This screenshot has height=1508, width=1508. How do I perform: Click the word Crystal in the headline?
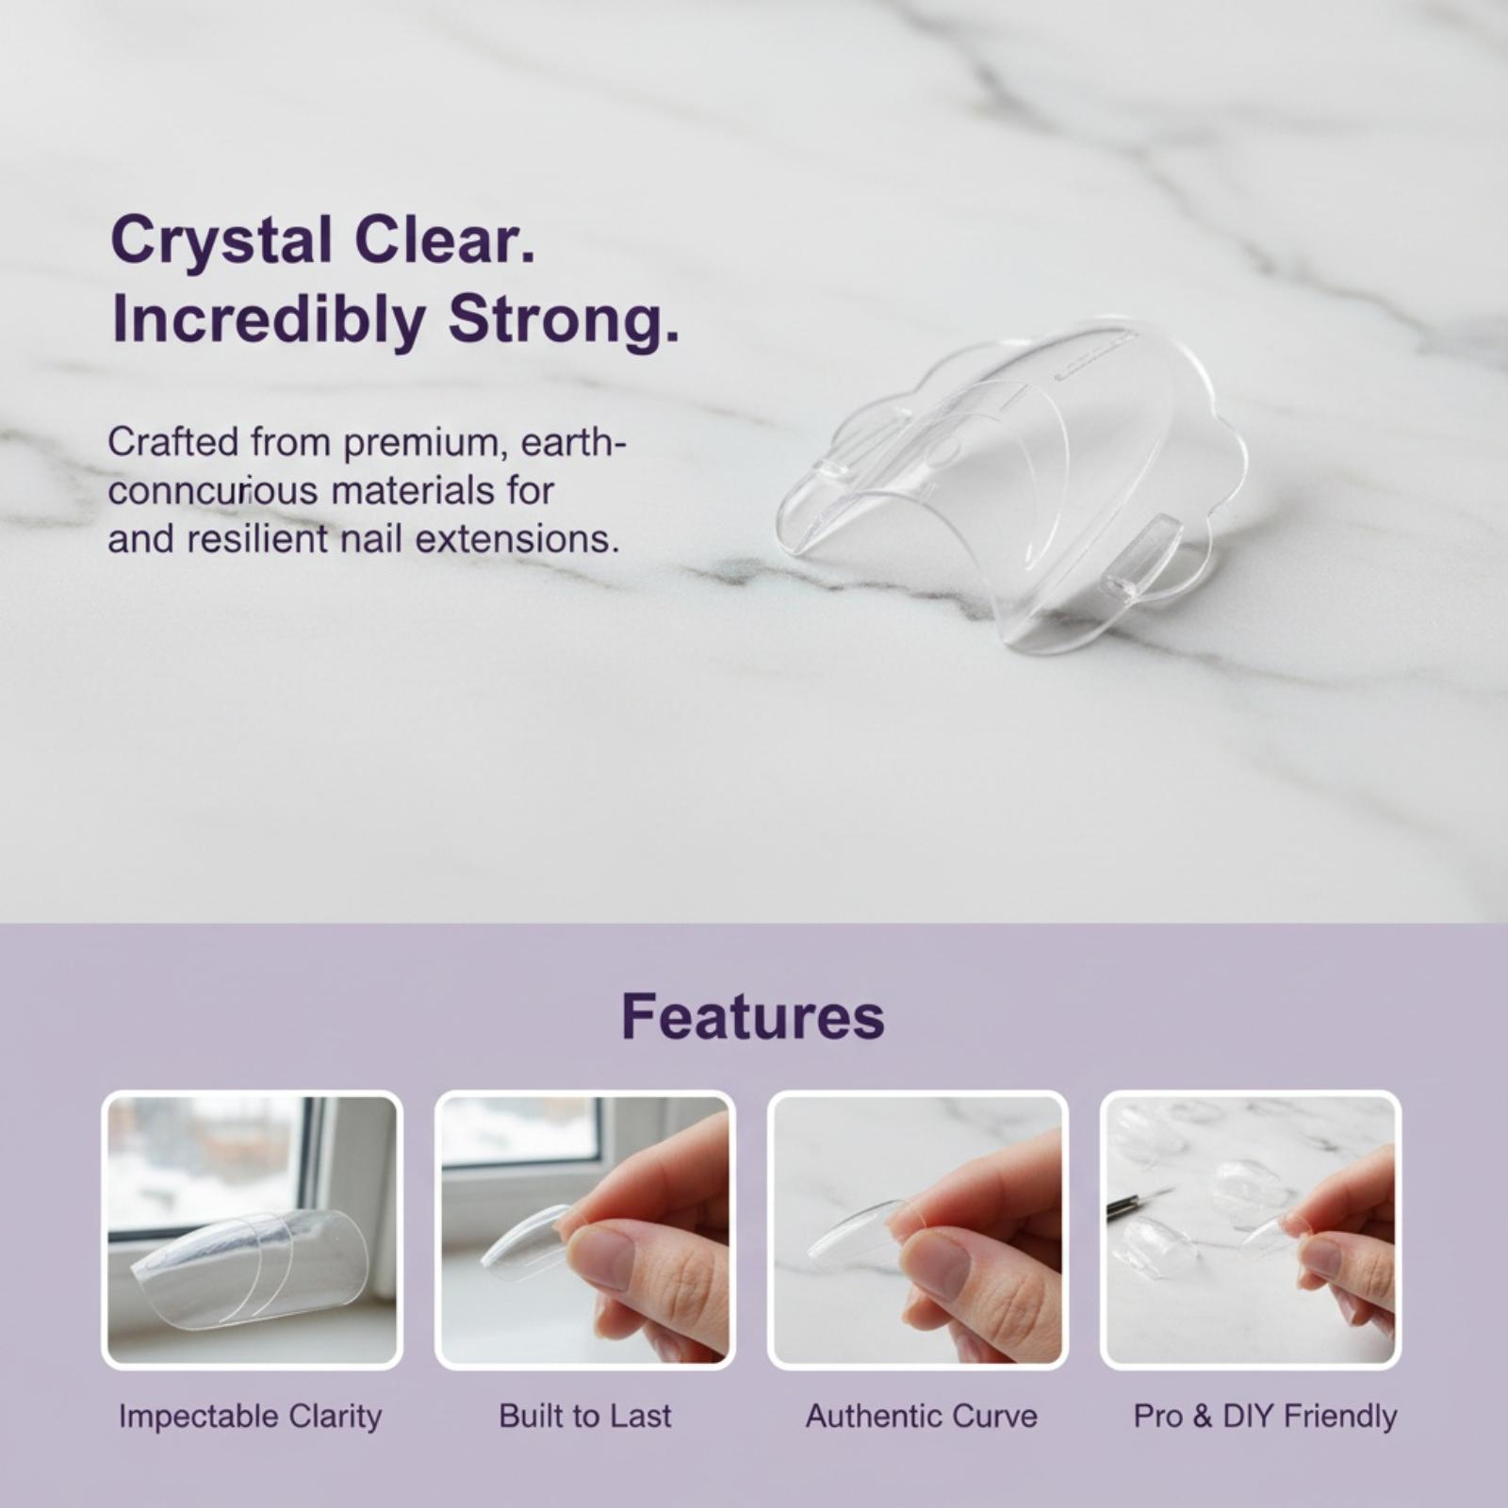pos(221,242)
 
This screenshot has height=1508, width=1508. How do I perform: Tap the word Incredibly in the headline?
pos(269,320)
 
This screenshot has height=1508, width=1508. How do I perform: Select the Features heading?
pos(753,1016)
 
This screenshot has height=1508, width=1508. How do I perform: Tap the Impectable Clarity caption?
pos(251,1417)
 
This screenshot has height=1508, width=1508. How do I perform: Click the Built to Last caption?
pos(585,1416)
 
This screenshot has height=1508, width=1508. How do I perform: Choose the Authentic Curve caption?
pos(921,1416)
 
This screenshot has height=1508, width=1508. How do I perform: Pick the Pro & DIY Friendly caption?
pos(1265,1417)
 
